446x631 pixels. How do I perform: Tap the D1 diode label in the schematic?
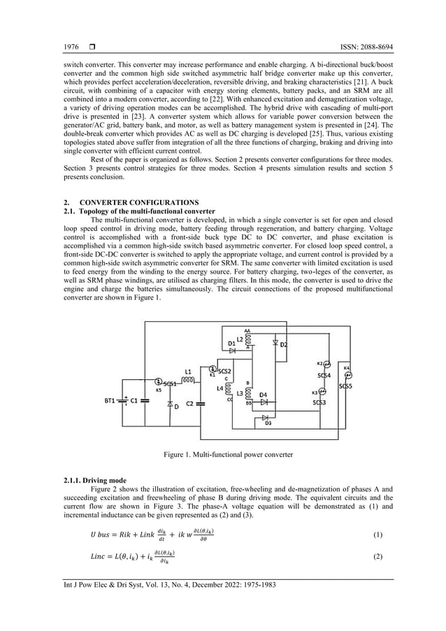click(x=232, y=343)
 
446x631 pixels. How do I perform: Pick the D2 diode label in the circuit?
click(x=284, y=345)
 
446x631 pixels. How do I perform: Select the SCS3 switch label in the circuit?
click(x=319, y=402)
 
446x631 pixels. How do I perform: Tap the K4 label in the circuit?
click(x=347, y=368)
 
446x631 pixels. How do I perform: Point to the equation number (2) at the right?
click(x=377, y=555)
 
